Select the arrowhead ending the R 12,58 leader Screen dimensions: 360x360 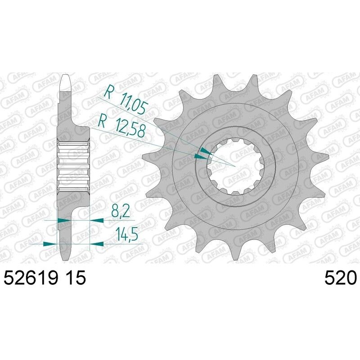click(198, 157)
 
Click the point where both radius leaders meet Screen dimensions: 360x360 click(235, 166)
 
